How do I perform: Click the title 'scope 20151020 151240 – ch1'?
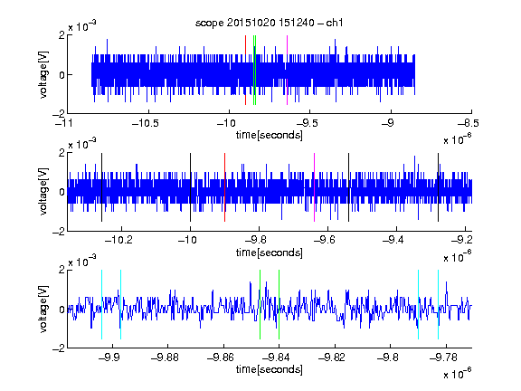[x=270, y=23]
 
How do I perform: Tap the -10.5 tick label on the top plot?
[x=146, y=123]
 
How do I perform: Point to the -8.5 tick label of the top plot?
[x=469, y=123]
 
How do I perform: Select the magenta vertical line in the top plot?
[x=287, y=71]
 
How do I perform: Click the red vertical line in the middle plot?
[x=224, y=187]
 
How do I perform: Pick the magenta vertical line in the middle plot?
[x=315, y=187]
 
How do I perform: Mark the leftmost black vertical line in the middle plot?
[x=101, y=187]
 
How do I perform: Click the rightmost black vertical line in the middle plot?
[x=438, y=187]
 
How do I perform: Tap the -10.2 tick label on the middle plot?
[x=118, y=240]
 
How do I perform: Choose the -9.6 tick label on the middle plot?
[x=325, y=240]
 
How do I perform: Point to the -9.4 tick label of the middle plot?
[x=393, y=240]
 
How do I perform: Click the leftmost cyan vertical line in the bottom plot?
[x=101, y=304]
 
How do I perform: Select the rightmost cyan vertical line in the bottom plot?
[x=438, y=304]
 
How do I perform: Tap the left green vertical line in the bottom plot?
[x=260, y=304]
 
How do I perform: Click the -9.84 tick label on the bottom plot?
[x=276, y=358]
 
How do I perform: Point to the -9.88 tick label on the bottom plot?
[x=165, y=358]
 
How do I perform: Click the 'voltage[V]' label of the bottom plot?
[x=43, y=309]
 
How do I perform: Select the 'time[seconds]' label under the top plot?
[x=270, y=135]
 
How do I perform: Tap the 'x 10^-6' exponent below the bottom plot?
[x=458, y=373]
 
